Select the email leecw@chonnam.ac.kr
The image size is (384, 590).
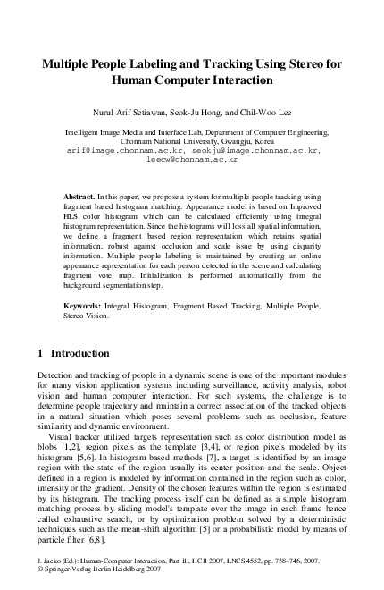(x=191, y=160)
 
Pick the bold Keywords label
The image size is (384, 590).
(x=81, y=306)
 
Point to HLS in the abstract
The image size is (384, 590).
(x=73, y=215)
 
